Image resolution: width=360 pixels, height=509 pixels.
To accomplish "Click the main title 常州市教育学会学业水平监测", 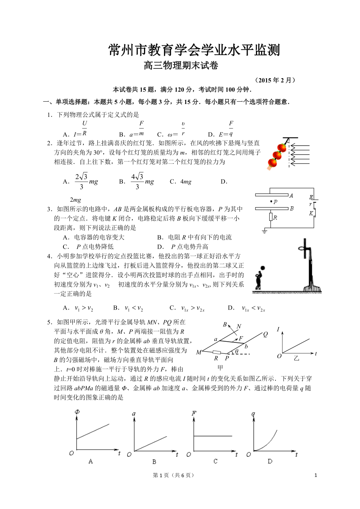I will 194,50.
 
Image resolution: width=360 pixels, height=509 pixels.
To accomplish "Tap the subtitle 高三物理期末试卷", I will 180,66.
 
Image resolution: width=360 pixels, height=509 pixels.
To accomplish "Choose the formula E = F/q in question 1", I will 225,129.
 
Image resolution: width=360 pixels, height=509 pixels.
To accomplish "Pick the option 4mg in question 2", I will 181,181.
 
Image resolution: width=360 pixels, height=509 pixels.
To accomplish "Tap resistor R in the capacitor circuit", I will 271,217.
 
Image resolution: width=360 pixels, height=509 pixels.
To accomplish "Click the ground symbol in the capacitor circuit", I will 265,232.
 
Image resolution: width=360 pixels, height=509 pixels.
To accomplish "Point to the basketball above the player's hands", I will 263,268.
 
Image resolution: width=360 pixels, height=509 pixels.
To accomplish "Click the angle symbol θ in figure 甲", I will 237,351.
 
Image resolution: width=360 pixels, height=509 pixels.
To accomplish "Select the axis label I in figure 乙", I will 278,330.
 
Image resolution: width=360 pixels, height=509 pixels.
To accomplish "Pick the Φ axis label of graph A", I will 76,413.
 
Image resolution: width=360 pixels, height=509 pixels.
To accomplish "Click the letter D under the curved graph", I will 270,461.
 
